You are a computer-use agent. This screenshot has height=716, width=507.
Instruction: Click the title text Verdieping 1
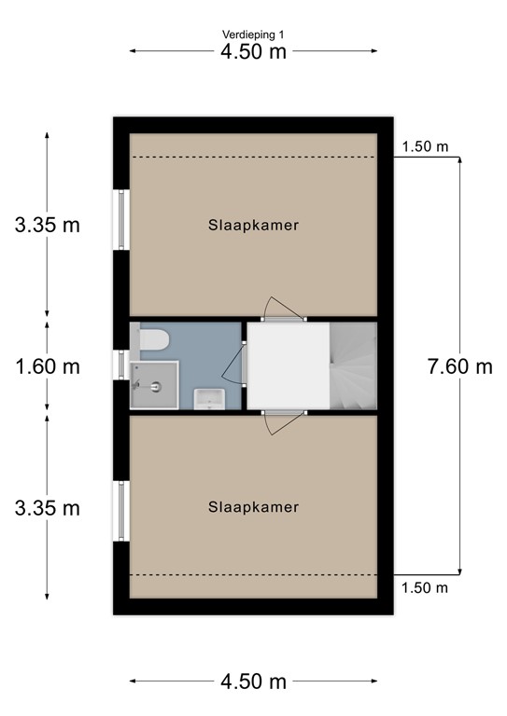pyautogui.click(x=253, y=34)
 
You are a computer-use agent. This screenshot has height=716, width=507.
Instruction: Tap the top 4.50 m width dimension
pyautogui.click(x=253, y=51)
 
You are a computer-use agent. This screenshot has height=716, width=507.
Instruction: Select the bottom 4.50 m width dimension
pyautogui.click(x=253, y=682)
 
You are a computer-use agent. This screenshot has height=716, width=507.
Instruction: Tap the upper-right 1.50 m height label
pyautogui.click(x=425, y=146)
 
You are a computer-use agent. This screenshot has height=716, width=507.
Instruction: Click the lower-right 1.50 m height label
pyautogui.click(x=425, y=587)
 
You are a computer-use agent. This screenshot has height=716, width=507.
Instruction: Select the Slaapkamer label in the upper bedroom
pyautogui.click(x=253, y=225)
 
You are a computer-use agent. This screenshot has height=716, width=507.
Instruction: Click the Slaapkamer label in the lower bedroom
pyautogui.click(x=253, y=507)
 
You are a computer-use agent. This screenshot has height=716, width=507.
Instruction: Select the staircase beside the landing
pyautogui.click(x=353, y=365)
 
